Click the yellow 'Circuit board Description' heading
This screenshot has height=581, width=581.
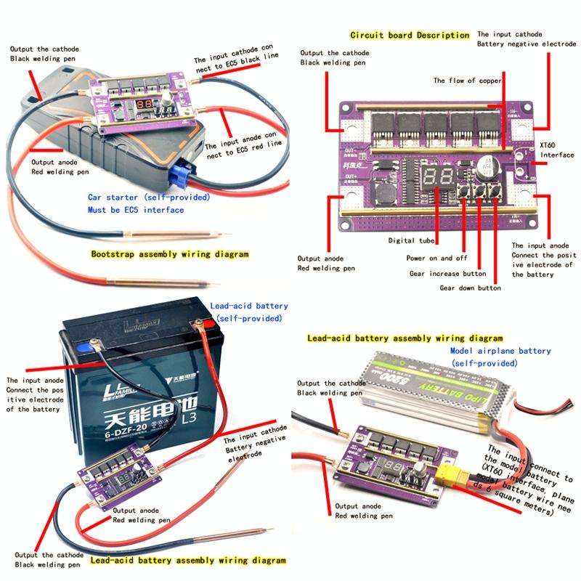click(x=410, y=35)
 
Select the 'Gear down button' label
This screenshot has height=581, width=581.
click(x=470, y=288)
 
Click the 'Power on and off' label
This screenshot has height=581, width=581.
click(x=436, y=258)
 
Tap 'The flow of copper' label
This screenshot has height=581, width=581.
click(x=467, y=81)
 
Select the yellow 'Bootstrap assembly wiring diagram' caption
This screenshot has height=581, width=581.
click(x=170, y=255)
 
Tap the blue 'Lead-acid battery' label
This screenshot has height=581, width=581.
click(x=248, y=307)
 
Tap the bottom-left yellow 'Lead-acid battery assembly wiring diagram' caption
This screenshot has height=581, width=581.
click(x=187, y=561)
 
